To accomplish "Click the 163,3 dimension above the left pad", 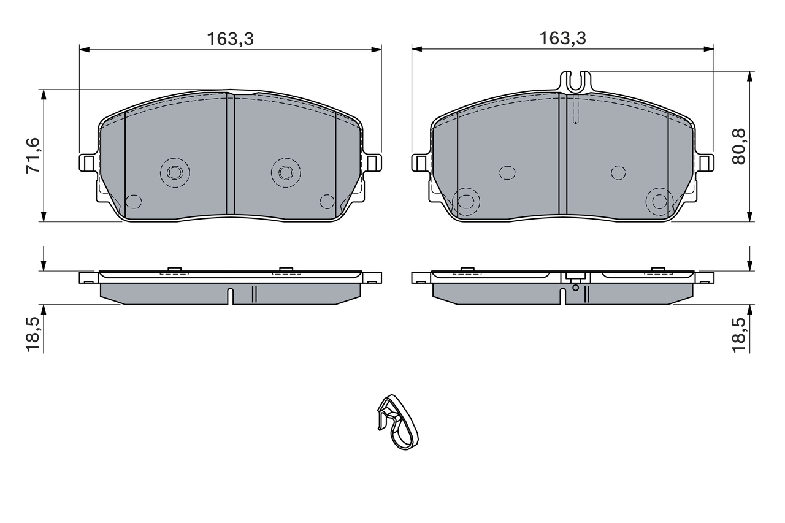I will coord(230,39).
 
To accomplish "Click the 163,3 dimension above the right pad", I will coord(562,39).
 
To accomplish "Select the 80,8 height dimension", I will coord(739,146).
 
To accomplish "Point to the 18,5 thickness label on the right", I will coord(739,334).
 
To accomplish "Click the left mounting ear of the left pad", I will coord(88,163).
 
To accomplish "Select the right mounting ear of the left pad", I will coord(372,162).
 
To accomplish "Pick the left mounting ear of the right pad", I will coord(420,163).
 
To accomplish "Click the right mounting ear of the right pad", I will coord(705,162).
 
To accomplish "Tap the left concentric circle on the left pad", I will coord(175,172).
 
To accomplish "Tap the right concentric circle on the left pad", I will coord(286,172).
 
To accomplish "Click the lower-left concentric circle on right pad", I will coord(466,201).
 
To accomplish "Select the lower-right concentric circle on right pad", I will coord(659,201).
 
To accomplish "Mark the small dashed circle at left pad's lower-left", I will coord(133,201).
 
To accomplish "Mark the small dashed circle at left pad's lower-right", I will coord(327,201).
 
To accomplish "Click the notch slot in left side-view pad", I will coord(231,295).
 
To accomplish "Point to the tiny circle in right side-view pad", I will coord(575,287).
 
